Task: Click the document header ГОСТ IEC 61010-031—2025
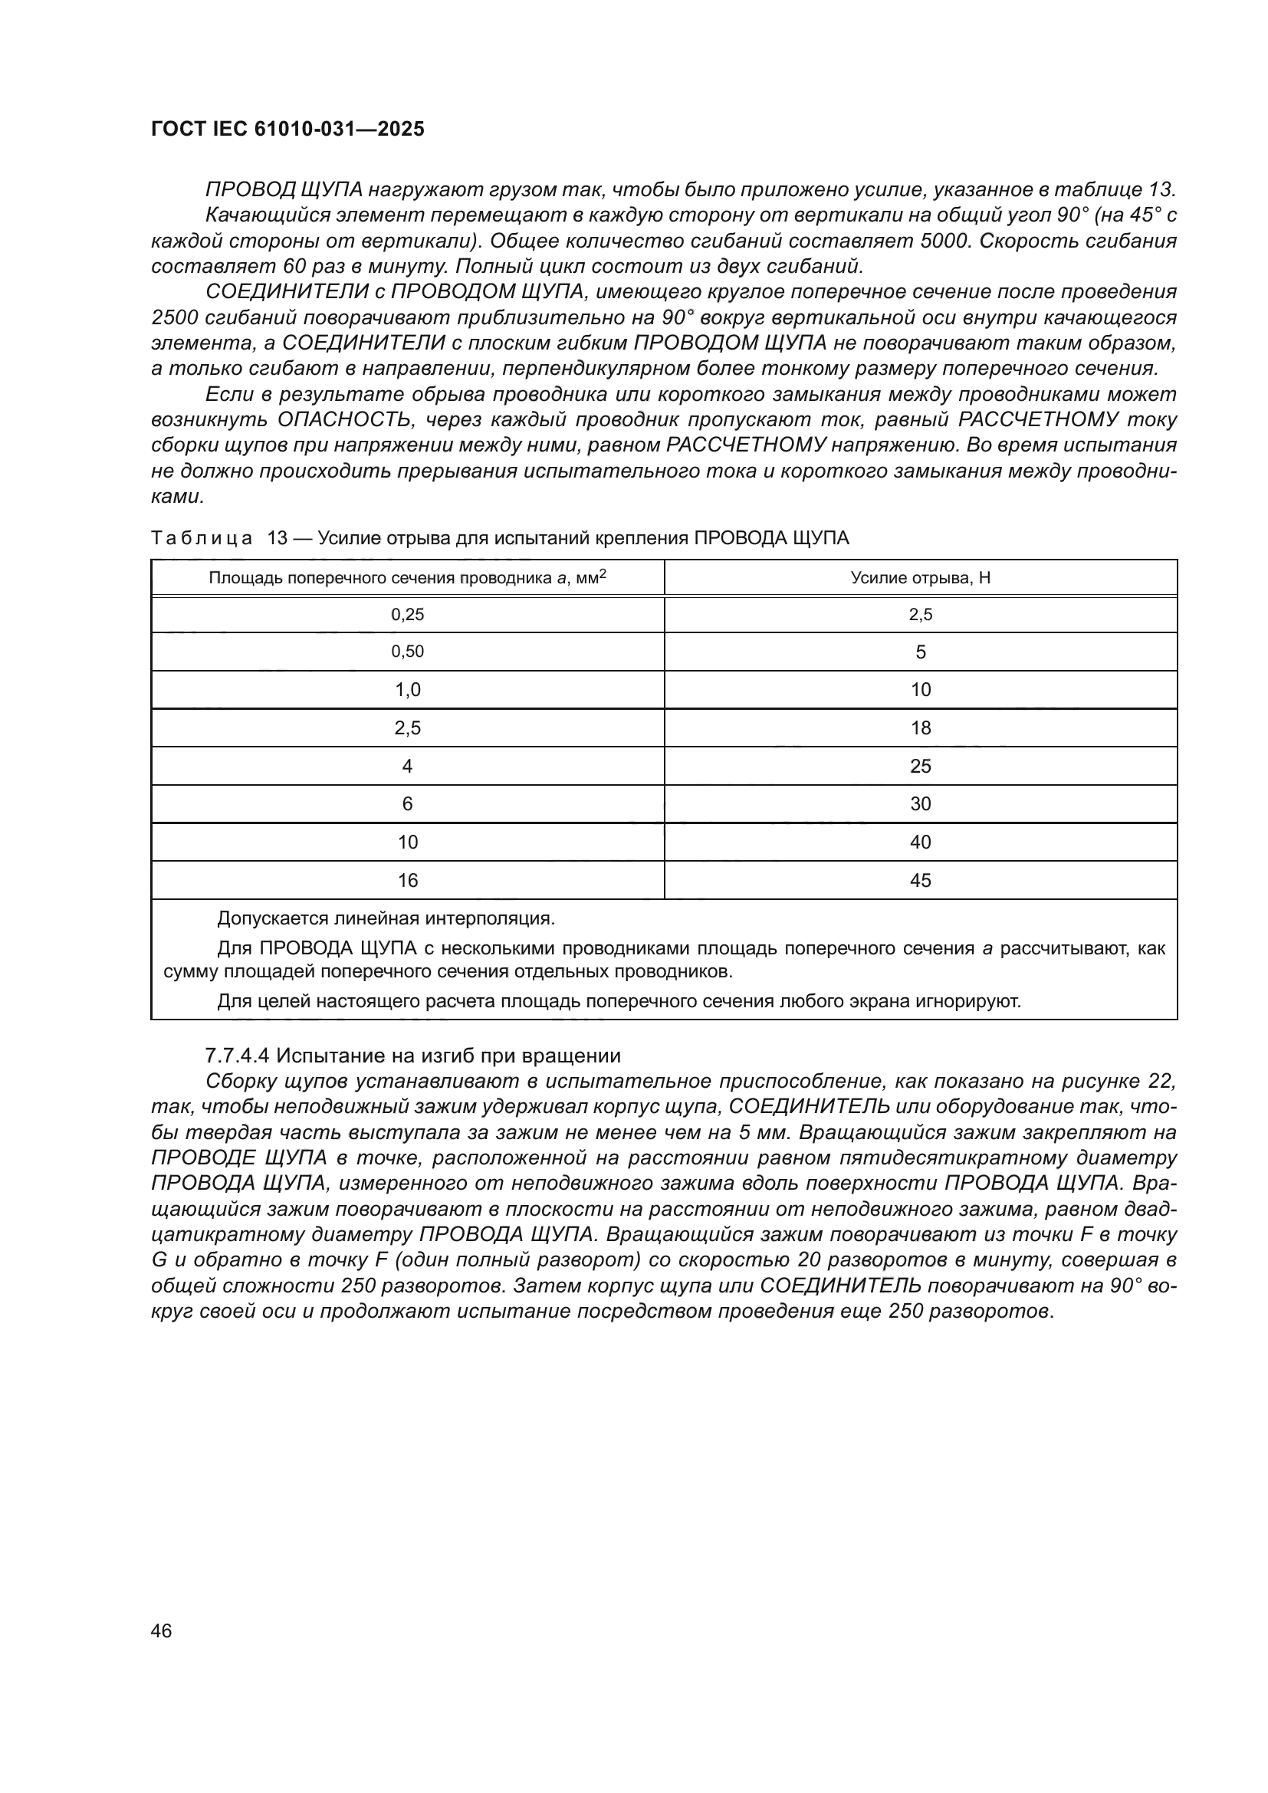[x=287, y=129]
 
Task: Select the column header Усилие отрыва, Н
[x=920, y=578]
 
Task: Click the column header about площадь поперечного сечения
[x=407, y=578]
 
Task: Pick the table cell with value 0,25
[x=407, y=615]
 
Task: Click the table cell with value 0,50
[x=407, y=652]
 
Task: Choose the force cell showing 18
[x=920, y=727]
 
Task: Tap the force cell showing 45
[x=920, y=881]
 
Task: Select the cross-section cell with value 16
[x=407, y=881]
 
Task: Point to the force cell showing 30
[x=920, y=804]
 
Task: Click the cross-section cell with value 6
[x=407, y=804]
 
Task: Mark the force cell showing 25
[x=920, y=766]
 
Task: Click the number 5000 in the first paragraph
[x=944, y=241]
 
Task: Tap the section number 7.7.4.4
[x=237, y=1056]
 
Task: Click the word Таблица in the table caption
[x=202, y=538]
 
